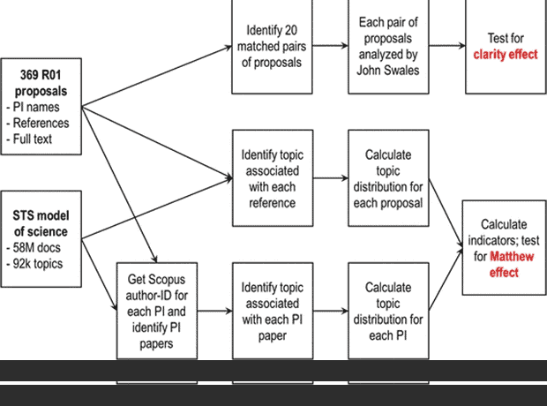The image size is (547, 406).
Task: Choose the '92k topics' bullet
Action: pos(39,263)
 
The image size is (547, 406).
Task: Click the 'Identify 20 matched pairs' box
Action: pos(273,46)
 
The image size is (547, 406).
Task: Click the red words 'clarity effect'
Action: pos(506,54)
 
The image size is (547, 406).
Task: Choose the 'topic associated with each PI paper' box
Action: pos(273,309)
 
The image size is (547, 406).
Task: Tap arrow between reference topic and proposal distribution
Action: pos(332,177)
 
